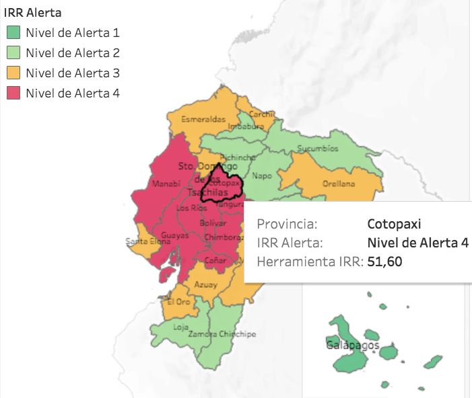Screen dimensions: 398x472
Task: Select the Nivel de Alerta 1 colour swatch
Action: [13, 32]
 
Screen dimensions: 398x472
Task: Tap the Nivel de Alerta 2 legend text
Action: [72, 52]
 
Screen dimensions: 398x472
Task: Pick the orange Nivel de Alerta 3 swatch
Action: [13, 73]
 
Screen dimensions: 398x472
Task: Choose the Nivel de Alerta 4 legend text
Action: [72, 93]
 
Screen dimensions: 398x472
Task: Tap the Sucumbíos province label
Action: [319, 149]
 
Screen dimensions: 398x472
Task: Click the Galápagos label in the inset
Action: [353, 345]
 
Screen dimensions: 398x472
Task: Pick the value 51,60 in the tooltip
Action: [385, 262]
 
